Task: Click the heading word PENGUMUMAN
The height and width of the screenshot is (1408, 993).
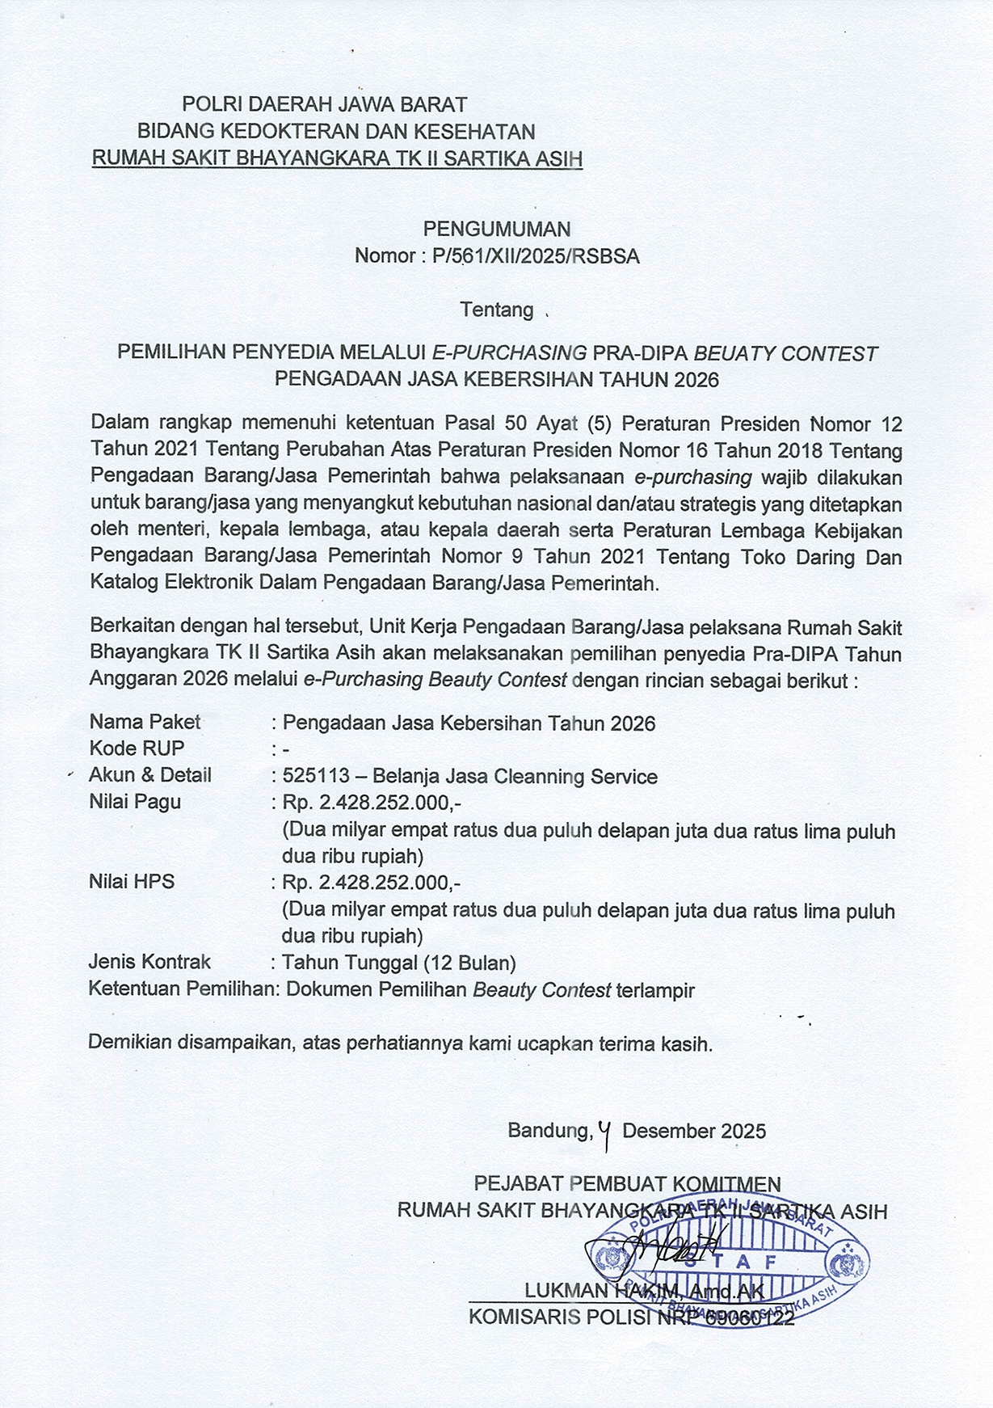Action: pyautogui.click(x=496, y=230)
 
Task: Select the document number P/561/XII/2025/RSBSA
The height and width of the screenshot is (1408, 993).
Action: pyautogui.click(x=536, y=257)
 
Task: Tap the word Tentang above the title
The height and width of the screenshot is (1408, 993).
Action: pyautogui.click(x=496, y=310)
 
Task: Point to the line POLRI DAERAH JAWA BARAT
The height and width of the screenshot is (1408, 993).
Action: pyautogui.click(x=324, y=104)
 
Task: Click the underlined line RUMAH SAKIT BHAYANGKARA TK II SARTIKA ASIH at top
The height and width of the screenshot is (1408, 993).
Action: pyautogui.click(x=337, y=158)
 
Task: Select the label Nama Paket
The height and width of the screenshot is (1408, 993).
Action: pyautogui.click(x=145, y=722)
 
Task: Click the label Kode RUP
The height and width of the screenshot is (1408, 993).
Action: pyautogui.click(x=137, y=748)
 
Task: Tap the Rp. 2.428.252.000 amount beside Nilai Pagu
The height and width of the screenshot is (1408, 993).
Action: pyautogui.click(x=371, y=803)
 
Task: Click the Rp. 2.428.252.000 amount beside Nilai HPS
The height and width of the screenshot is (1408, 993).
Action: pyautogui.click(x=371, y=882)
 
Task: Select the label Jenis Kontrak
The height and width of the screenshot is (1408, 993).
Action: pyautogui.click(x=149, y=962)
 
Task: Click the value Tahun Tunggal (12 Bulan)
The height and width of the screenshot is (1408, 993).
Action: pyautogui.click(x=398, y=963)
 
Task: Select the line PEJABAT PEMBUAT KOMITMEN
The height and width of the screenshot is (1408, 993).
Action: pyautogui.click(x=627, y=1185)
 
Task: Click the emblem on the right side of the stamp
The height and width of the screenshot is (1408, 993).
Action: pyautogui.click(x=848, y=1261)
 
